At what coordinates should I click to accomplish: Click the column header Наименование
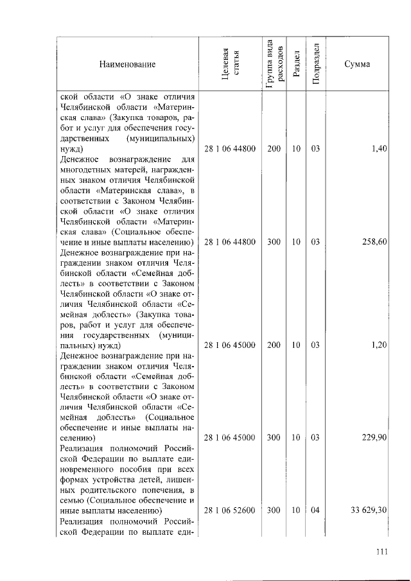click(127, 64)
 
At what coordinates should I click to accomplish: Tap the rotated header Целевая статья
click(230, 64)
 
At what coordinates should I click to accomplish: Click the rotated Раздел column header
click(295, 64)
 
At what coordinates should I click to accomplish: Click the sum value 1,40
click(379, 149)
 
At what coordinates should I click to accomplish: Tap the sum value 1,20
click(379, 345)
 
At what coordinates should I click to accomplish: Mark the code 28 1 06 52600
click(230, 510)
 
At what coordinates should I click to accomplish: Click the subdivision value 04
click(315, 510)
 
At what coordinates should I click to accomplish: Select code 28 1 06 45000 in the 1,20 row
click(230, 345)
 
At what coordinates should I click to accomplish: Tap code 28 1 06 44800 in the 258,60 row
click(230, 242)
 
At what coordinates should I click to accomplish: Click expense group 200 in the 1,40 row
click(274, 149)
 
